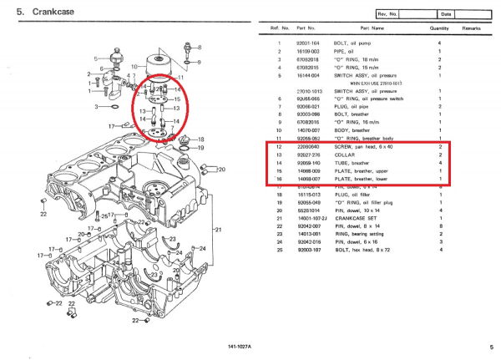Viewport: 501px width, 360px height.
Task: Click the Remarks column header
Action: pyautogui.click(x=473, y=28)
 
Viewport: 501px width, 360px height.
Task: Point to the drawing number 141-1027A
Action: pyautogui.click(x=240, y=346)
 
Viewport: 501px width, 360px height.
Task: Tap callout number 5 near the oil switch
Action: pyautogui.click(x=96, y=58)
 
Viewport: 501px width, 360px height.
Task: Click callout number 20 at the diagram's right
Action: pyautogui.click(x=222, y=170)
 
